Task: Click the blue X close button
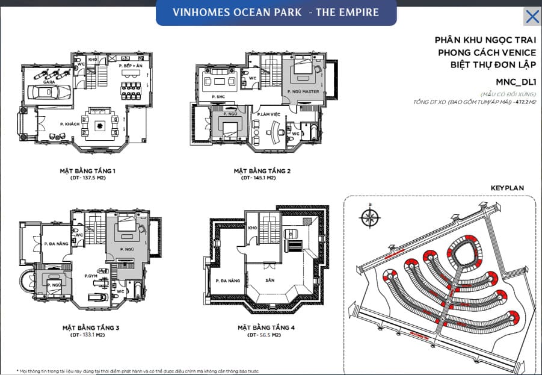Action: [532, 16]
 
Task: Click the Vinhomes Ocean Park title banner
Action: [276, 13]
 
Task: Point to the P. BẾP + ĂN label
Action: [131, 65]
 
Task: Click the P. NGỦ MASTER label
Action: [303, 91]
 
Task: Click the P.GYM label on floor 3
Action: [91, 276]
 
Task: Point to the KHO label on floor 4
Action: [251, 229]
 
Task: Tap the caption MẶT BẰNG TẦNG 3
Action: [90, 328]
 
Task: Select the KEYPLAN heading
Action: [507, 188]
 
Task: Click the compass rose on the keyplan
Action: [368, 217]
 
